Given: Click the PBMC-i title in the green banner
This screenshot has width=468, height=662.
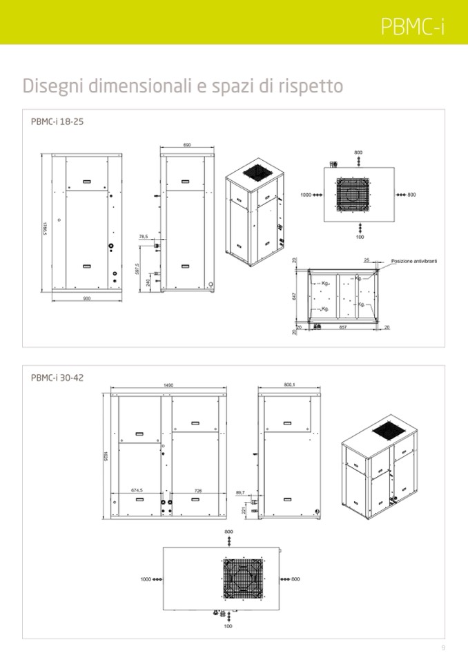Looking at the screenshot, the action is coord(412,26).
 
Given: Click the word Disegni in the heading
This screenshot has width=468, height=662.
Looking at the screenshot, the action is coord(52,86).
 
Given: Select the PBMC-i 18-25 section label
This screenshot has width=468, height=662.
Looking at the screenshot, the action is coord(57,121).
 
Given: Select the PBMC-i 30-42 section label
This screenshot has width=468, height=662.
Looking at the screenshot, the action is coord(57,378).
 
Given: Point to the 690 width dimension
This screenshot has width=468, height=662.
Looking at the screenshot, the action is coord(187,145).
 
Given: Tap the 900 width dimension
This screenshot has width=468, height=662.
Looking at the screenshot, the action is coord(86,298).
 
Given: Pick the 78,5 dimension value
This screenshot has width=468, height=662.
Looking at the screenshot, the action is coord(144,237).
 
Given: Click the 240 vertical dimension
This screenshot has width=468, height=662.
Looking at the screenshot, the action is coord(148,283).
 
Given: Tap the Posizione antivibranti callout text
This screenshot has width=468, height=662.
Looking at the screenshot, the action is coord(414,261).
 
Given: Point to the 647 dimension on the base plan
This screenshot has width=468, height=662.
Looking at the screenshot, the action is coord(295,296).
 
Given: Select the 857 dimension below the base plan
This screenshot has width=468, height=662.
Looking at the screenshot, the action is coord(342,327).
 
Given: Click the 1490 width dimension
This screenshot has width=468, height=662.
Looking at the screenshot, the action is coord(168,385).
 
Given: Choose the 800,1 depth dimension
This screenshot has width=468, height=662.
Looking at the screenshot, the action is coord(289,384).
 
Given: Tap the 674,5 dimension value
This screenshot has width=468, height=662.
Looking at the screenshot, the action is coord(137,490).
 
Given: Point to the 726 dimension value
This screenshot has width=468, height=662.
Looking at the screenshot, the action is coord(198,491).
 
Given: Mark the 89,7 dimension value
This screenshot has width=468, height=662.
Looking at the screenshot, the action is coord(240,492).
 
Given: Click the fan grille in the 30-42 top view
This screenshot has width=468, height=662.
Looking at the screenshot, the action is coord(244,579).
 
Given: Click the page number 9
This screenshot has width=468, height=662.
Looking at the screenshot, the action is coord(443,648).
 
